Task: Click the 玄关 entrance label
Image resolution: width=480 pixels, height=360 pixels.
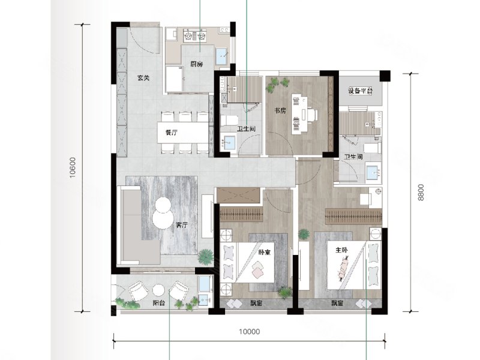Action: (143, 78)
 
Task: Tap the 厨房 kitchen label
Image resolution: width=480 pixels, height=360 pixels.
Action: (197, 64)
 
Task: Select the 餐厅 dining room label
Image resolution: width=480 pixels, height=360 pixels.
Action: (172, 133)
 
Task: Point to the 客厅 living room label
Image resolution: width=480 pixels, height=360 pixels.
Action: (182, 226)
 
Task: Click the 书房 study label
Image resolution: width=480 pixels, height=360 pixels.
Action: (280, 110)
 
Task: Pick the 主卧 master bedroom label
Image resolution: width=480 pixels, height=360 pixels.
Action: (341, 250)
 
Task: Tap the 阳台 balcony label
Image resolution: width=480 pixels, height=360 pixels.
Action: (159, 303)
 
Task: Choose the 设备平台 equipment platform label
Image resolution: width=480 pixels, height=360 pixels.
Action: (361, 91)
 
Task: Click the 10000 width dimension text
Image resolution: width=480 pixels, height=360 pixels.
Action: (250, 332)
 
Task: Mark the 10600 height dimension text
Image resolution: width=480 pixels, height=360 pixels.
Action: (72, 168)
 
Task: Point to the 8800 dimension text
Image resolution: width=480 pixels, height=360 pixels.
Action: (421, 192)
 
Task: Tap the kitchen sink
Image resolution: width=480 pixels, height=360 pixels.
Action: (222, 56)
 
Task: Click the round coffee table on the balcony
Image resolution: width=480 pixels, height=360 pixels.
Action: (159, 290)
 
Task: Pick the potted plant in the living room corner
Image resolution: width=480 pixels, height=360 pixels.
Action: (205, 257)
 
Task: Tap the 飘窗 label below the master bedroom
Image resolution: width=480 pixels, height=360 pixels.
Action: (337, 304)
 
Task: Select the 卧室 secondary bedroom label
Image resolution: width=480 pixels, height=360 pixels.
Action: (265, 252)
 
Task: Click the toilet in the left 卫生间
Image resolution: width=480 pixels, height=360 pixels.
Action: (229, 121)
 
